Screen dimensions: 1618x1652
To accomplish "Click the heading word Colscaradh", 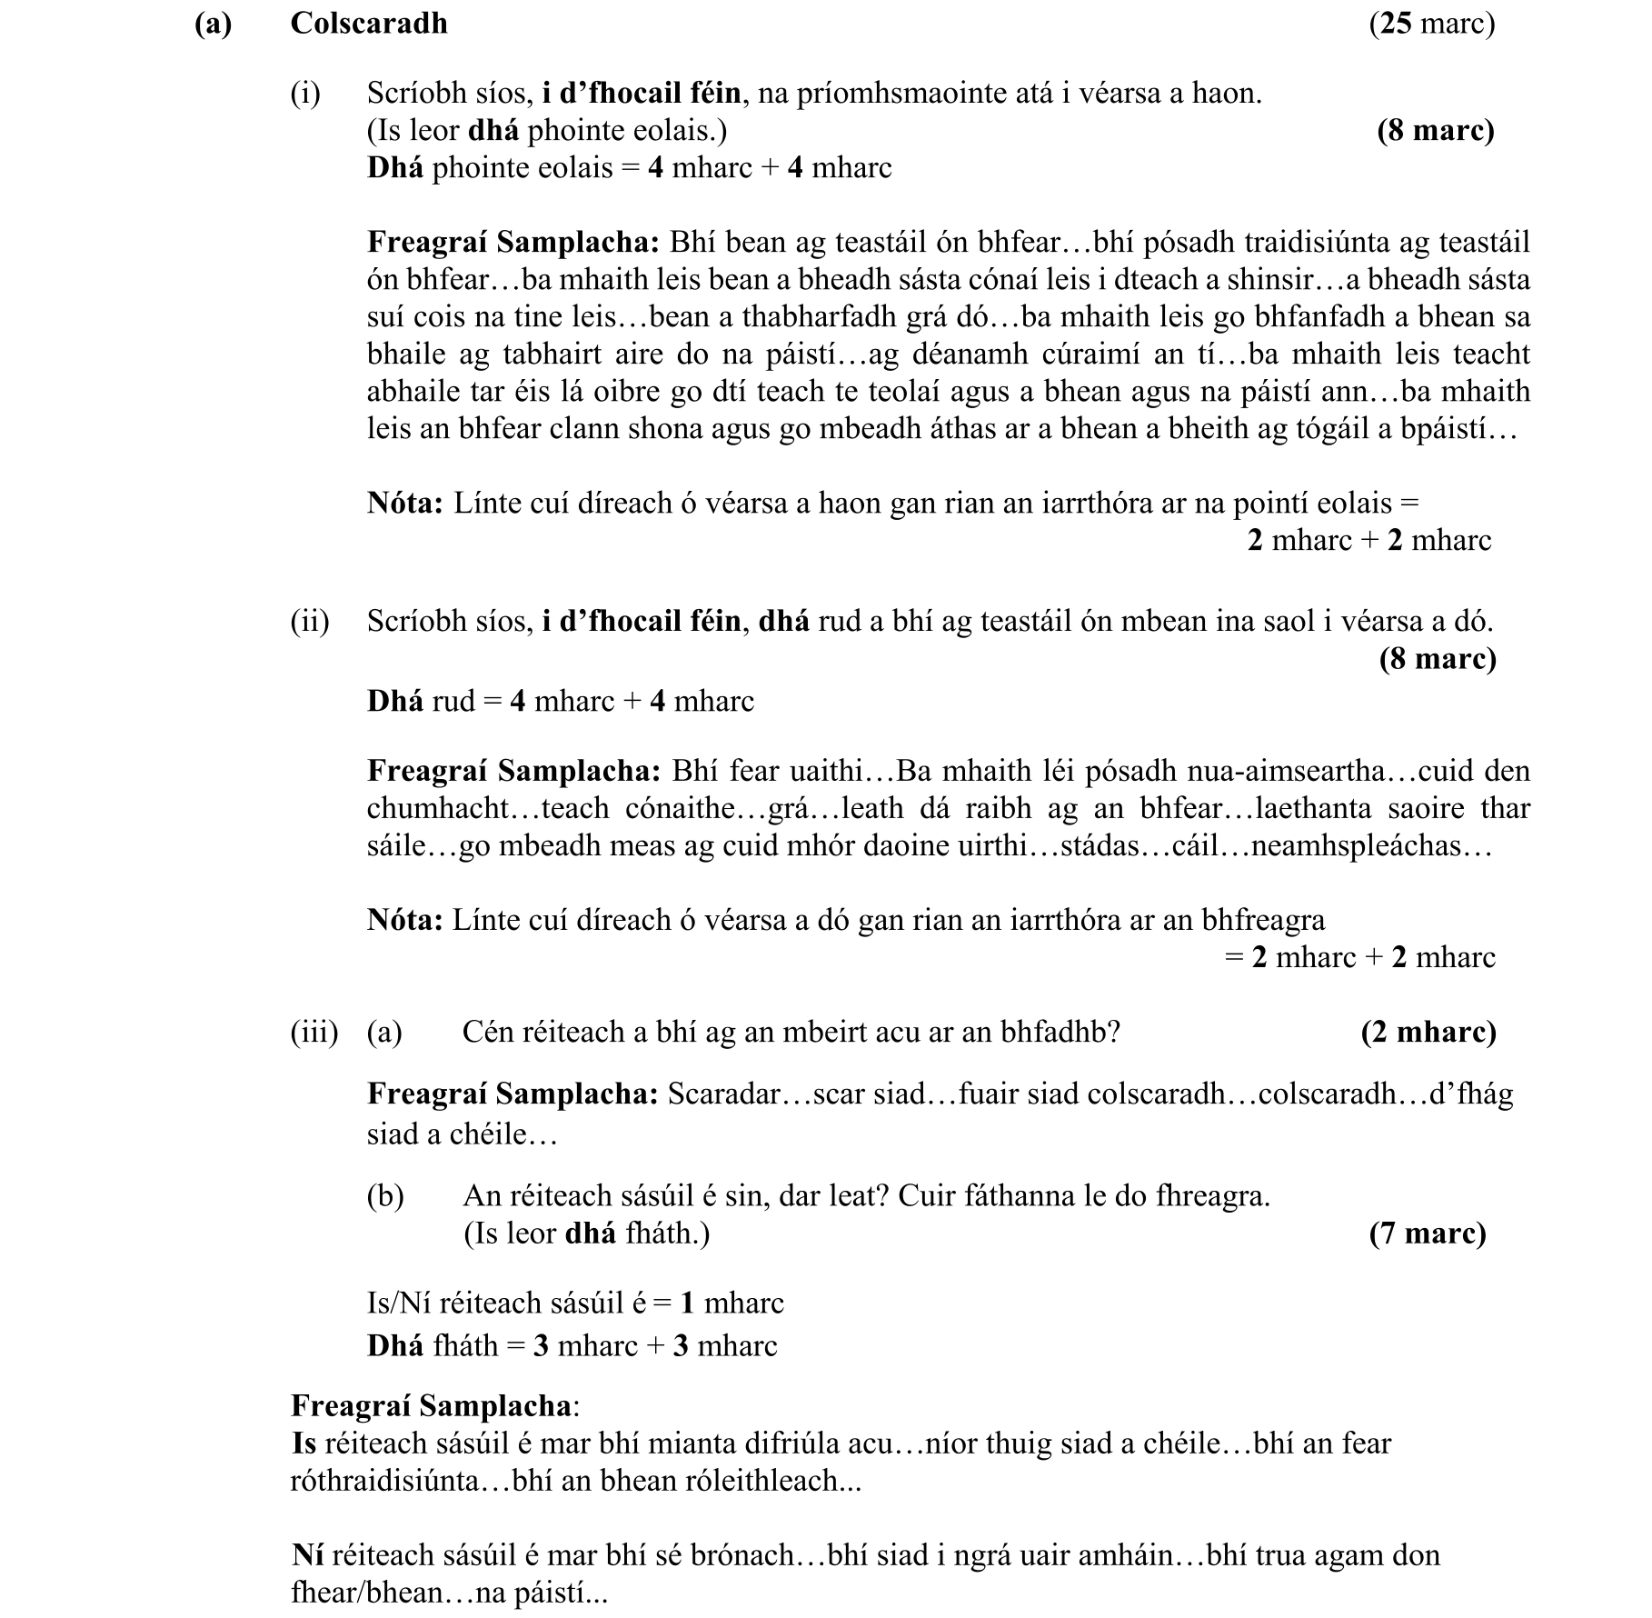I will (x=368, y=23).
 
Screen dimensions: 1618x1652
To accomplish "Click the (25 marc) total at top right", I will (x=1431, y=23).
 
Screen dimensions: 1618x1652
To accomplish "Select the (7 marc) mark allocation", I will (x=1428, y=1233).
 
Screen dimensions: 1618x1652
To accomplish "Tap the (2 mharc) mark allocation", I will (x=1428, y=1032).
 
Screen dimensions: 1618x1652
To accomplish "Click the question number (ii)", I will (x=310, y=621).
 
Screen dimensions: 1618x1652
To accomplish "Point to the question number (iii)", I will (x=313, y=1032).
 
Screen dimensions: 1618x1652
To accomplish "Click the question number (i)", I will (x=305, y=93).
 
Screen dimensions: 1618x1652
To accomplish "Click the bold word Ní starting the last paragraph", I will (x=307, y=1555).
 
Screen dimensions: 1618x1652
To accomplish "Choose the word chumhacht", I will (x=433, y=808).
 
